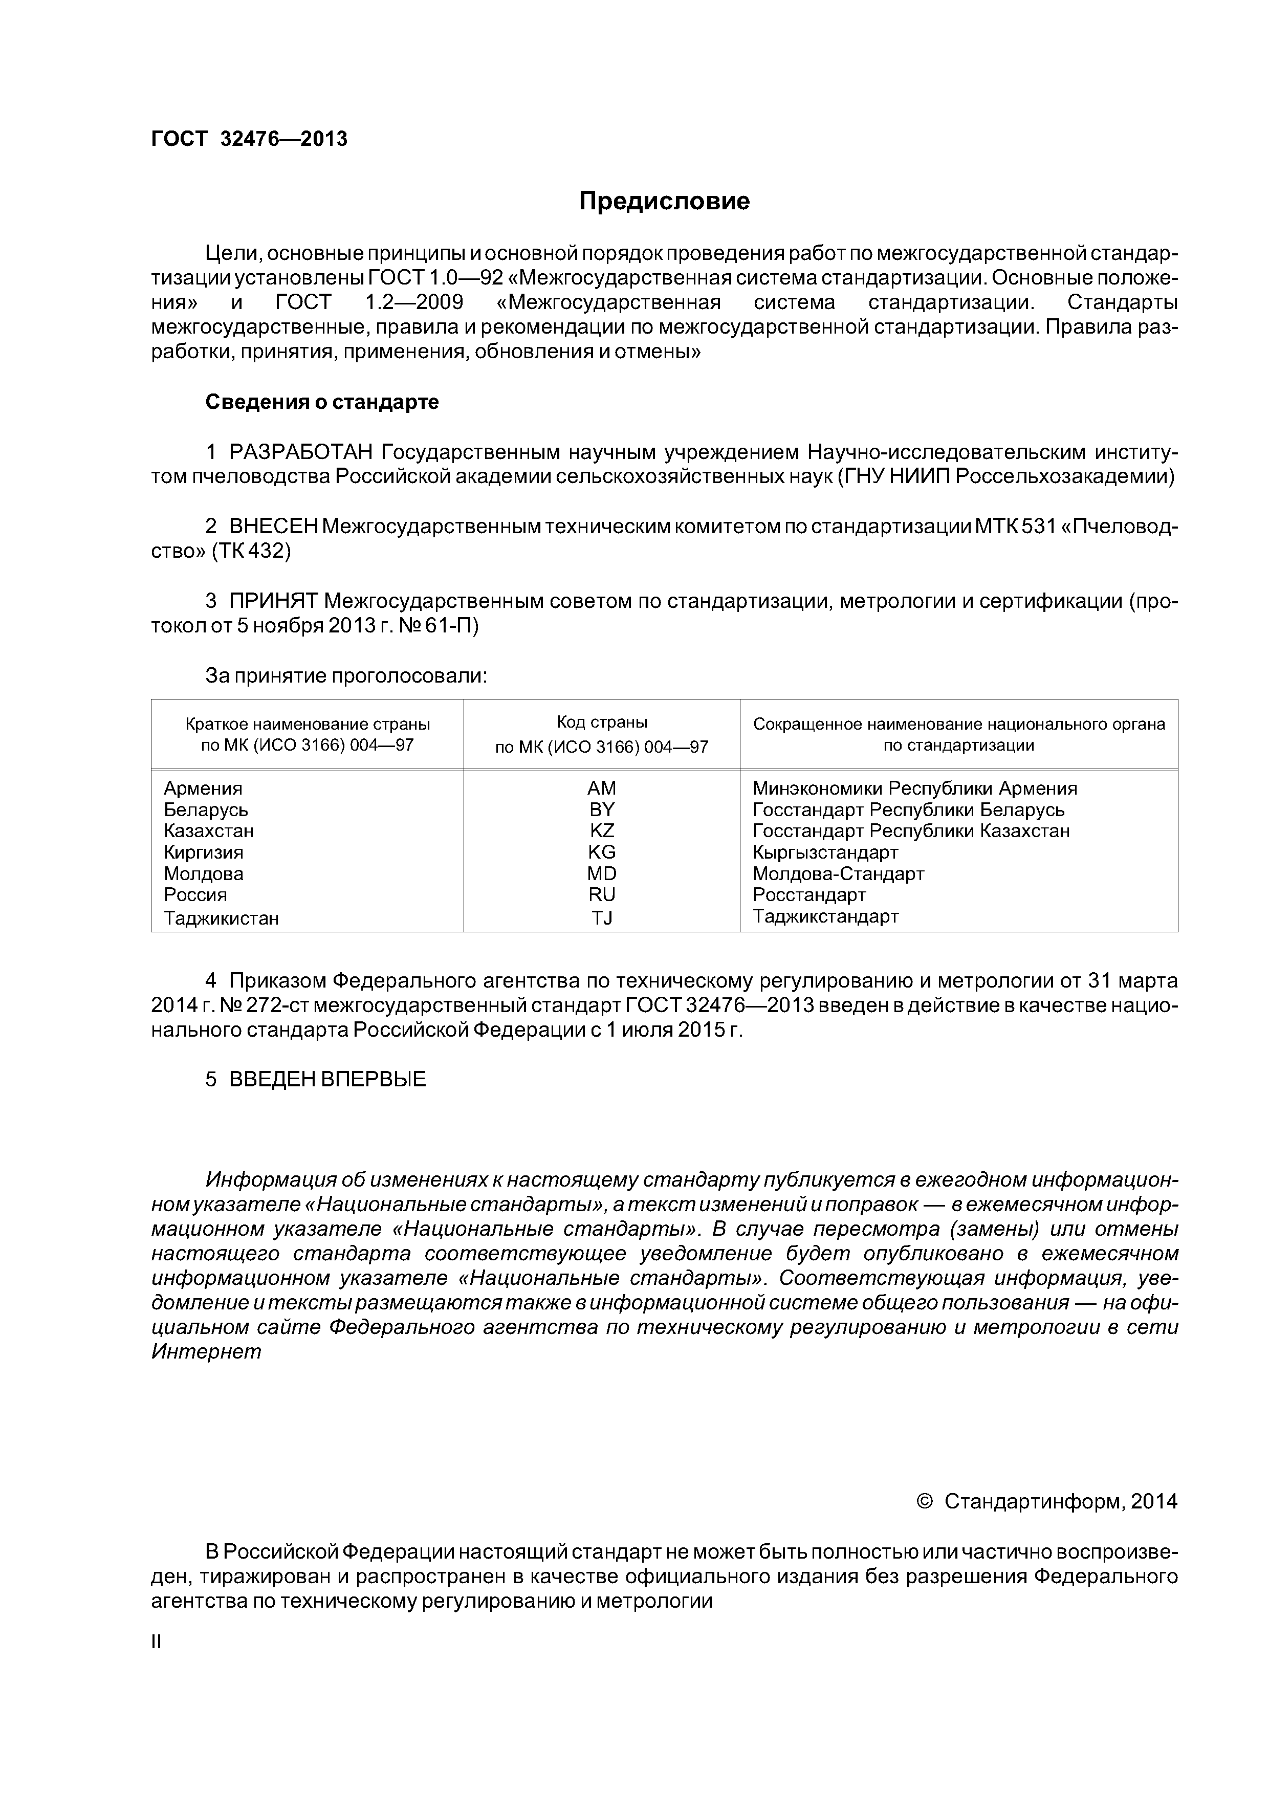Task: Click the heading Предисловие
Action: pos(664,202)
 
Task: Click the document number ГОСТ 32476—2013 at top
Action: pos(249,139)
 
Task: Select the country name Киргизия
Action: pos(203,852)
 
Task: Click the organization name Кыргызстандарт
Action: pos(825,852)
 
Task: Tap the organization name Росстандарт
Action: pos(809,894)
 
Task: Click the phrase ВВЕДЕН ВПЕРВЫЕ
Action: pos(327,1080)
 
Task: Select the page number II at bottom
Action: pos(156,1642)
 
